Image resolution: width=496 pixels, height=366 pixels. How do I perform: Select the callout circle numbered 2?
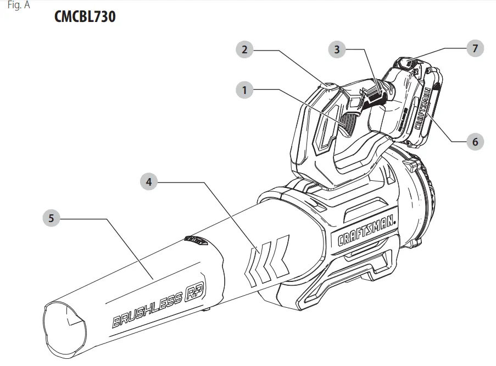244,50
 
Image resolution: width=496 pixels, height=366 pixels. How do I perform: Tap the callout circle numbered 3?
337,49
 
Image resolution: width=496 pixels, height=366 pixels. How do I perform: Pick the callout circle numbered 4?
149,181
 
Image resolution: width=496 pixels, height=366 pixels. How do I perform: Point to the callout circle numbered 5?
51,218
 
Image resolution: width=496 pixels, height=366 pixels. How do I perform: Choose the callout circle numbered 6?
475,141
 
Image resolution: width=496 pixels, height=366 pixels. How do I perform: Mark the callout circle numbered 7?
475,48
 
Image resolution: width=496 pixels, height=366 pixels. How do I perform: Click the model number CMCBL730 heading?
85,17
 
